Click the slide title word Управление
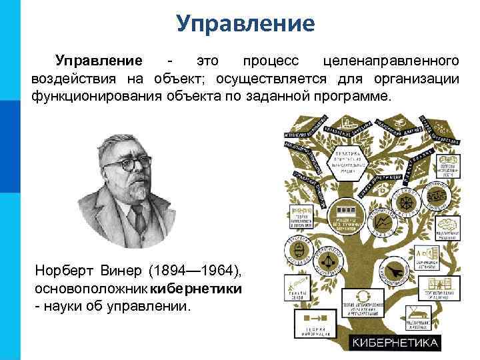pyautogui.click(x=245, y=24)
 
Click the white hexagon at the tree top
pyautogui.click(x=349, y=162)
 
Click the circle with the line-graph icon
pyautogui.click(x=385, y=221)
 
